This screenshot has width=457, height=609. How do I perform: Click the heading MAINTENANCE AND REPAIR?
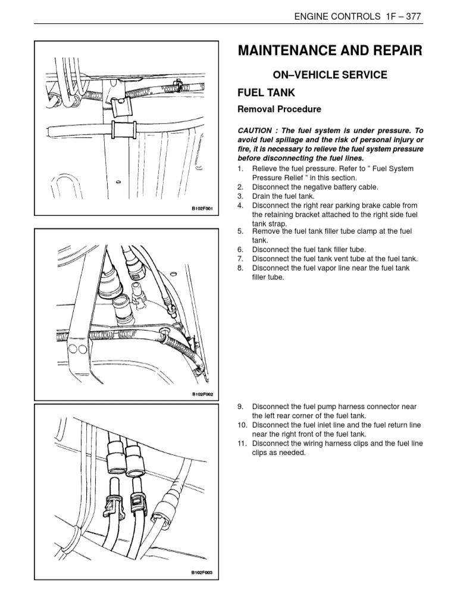click(x=330, y=51)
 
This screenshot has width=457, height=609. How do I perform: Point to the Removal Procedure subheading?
click(x=271, y=109)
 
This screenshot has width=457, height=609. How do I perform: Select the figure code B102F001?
click(x=202, y=209)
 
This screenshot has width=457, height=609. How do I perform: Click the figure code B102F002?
click(x=202, y=394)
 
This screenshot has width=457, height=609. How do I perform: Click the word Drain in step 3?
click(x=262, y=196)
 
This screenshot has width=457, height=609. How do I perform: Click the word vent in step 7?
click(x=355, y=259)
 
